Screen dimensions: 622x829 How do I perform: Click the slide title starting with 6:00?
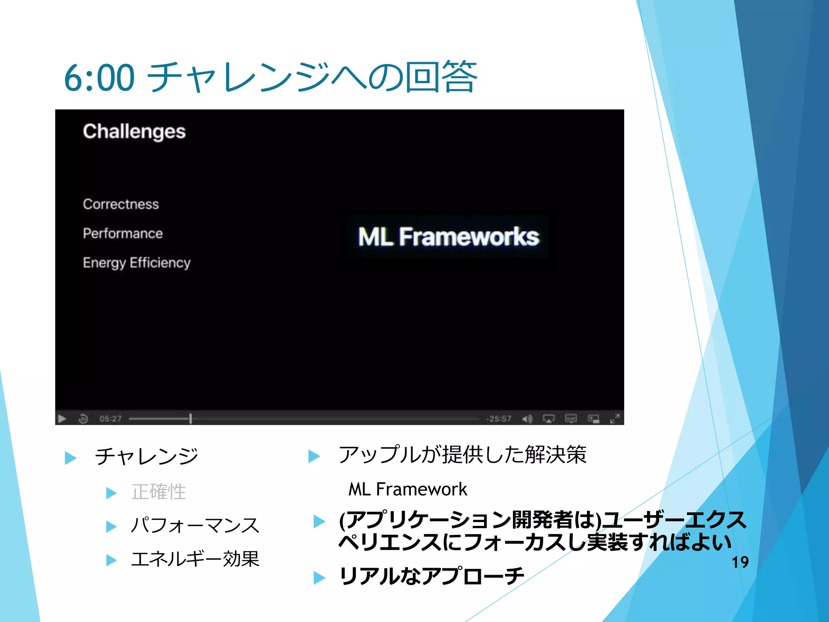coord(270,77)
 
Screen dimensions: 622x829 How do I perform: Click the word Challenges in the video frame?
coord(134,132)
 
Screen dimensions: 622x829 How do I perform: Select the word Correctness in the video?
coord(121,204)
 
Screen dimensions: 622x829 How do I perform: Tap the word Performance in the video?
coord(123,233)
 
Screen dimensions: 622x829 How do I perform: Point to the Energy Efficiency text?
coord(136,263)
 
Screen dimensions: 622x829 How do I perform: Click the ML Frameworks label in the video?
coord(449,236)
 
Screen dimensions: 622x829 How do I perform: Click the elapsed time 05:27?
coord(110,419)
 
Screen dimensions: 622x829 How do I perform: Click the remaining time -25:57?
coord(499,419)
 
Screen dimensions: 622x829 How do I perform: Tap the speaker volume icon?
coord(527,419)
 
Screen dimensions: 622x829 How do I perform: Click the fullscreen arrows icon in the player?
coord(614,419)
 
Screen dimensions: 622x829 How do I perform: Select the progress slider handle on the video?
coord(190,419)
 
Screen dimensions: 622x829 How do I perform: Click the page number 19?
coord(740,562)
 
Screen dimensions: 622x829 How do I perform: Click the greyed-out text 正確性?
coord(158,492)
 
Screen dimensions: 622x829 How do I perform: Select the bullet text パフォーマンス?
coord(195,526)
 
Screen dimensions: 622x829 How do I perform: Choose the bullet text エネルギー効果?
coord(195,559)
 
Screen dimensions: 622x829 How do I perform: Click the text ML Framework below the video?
coord(408,489)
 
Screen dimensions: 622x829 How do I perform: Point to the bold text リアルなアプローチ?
coord(432,576)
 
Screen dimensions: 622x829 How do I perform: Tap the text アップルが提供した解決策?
coord(462,455)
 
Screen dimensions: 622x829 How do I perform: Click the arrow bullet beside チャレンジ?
coord(71,458)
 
